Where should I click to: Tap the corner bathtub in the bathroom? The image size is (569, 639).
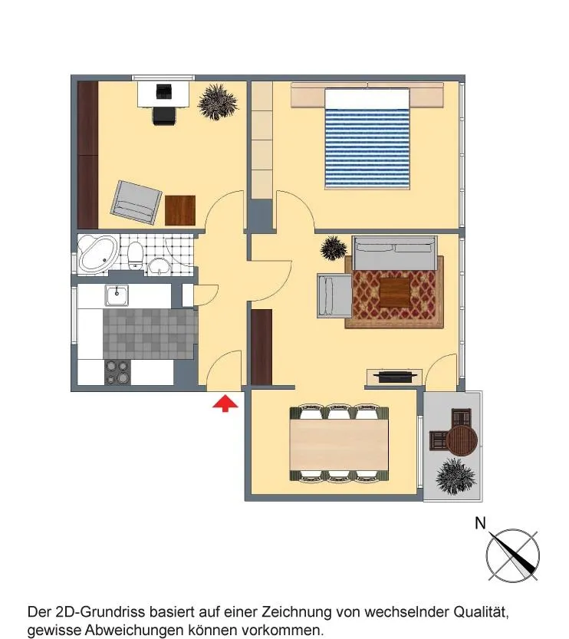pyautogui.click(x=97, y=252)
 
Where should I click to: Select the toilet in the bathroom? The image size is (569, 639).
pyautogui.click(x=135, y=255)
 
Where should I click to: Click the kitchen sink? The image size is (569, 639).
pyautogui.click(x=117, y=295)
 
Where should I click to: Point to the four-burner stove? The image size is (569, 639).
pyautogui.click(x=117, y=373)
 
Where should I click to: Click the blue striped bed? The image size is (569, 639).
pyautogui.click(x=367, y=139)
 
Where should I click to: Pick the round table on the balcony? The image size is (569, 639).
pyautogui.click(x=462, y=440)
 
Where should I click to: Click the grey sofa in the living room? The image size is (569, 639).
pyautogui.click(x=393, y=252)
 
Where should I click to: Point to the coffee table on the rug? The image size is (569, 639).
pyautogui.click(x=395, y=292)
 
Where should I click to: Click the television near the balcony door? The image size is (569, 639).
pyautogui.click(x=395, y=376)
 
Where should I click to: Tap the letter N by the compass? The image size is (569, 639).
pyautogui.click(x=481, y=523)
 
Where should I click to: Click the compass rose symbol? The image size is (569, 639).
pyautogui.click(x=513, y=555)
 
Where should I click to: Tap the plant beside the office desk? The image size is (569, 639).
pyautogui.click(x=218, y=102)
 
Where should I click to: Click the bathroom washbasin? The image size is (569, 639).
pyautogui.click(x=160, y=266)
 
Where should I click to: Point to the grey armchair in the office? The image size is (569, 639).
pyautogui.click(x=136, y=203)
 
